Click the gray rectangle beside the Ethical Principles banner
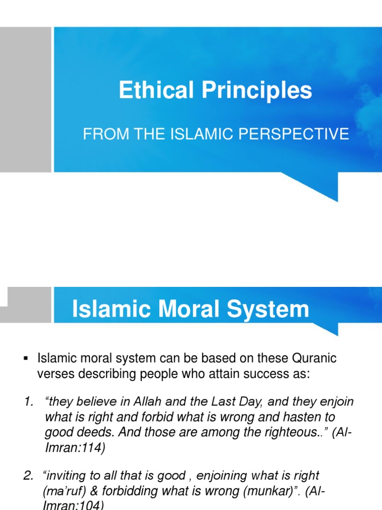[25, 99]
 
